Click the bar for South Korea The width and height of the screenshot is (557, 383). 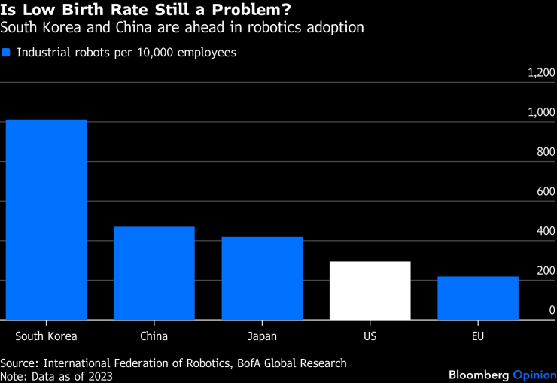46,220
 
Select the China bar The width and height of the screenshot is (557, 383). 154,273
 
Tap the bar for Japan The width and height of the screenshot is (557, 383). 262,278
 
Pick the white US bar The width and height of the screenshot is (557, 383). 370,290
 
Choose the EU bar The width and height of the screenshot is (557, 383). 478,298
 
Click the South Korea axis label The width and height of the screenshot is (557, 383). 46,336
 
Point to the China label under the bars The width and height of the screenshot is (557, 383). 154,336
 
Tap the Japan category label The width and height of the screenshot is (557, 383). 262,336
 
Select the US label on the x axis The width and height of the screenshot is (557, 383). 370,336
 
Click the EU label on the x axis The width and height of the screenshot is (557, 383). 478,336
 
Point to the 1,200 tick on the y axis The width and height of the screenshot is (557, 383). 540,73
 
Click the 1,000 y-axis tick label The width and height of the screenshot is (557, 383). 540,113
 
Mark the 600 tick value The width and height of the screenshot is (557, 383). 544,192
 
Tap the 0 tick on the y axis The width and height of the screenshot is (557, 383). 552,310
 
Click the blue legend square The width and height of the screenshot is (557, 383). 6,53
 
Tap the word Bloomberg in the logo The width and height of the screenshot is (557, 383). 479,374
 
